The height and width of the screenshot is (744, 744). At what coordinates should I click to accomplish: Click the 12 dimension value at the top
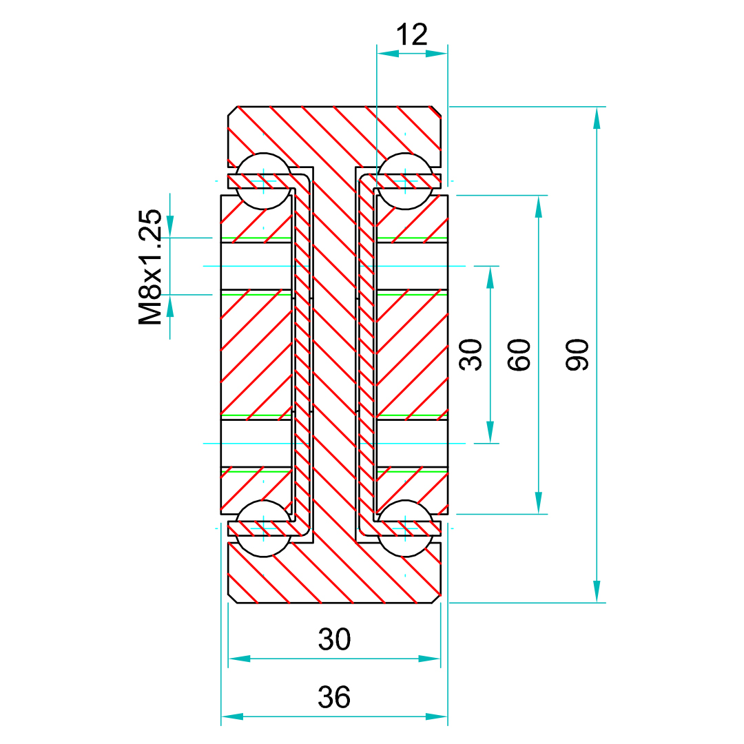coord(412,34)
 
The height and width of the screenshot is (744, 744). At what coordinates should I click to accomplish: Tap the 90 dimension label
coord(577,355)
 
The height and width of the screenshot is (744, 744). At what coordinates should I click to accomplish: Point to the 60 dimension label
coord(519,355)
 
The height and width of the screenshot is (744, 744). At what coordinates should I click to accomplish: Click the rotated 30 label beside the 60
coord(471,355)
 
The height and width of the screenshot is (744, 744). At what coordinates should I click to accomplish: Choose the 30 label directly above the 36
coord(335,640)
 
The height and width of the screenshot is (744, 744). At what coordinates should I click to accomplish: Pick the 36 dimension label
coord(335,697)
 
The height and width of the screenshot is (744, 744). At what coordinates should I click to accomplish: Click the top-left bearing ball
coord(262,181)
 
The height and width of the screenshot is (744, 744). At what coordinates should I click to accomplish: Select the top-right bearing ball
coord(405,181)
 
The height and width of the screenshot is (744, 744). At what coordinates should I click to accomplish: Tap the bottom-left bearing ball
coord(262,528)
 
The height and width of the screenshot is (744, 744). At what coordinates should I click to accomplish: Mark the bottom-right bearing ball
coord(405,528)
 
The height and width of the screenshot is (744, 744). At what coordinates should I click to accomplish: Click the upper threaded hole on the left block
coord(256,266)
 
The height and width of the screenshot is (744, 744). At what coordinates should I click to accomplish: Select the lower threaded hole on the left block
coord(256,443)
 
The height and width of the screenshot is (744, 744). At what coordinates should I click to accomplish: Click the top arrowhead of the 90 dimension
coord(597,118)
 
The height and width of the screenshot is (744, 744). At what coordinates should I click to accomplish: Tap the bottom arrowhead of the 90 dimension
coord(597,592)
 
